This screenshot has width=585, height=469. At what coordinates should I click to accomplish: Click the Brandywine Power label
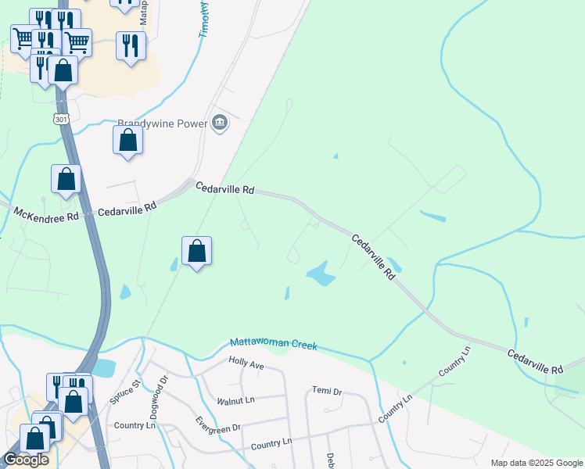click(162, 124)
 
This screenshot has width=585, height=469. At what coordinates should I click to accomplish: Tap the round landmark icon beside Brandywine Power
click(220, 123)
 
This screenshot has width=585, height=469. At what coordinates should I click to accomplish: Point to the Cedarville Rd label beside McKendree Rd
click(128, 209)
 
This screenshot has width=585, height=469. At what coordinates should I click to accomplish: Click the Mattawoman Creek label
click(274, 344)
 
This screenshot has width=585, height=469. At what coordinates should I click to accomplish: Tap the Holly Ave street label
click(246, 362)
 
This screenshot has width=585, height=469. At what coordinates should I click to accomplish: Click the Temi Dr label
click(327, 391)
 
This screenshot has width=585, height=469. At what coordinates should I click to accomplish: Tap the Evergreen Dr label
click(218, 428)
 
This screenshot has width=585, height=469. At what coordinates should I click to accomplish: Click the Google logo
click(26, 460)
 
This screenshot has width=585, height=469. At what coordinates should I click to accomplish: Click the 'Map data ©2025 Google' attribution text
click(537, 463)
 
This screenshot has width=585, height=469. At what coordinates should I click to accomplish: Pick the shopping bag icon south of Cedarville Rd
click(197, 252)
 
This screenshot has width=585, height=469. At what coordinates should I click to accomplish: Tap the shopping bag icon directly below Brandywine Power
click(128, 141)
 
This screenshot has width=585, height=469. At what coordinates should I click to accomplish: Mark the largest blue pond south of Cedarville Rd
click(321, 274)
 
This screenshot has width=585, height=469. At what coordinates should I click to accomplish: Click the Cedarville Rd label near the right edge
click(535, 362)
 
